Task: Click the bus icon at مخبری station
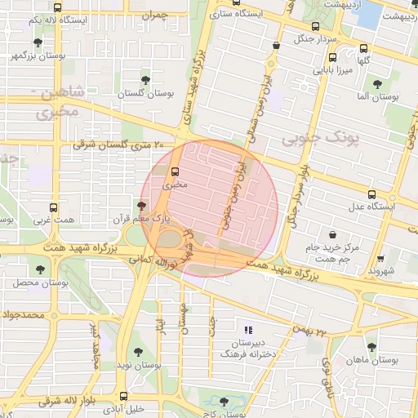pos(173,171)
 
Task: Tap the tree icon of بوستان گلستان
pos(145,80)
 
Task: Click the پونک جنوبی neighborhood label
pos(321,139)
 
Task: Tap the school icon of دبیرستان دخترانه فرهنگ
pos(247,327)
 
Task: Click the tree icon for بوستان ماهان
pos(371,346)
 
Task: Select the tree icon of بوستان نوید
pos(136,353)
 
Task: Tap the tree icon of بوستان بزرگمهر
pos(38,42)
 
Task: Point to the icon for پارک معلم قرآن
pos(142,206)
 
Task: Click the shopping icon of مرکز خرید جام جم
pos(331,234)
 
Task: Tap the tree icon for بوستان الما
pos(377,83)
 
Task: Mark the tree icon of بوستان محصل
pos(39,269)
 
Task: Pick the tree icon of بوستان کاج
pos(225,402)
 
